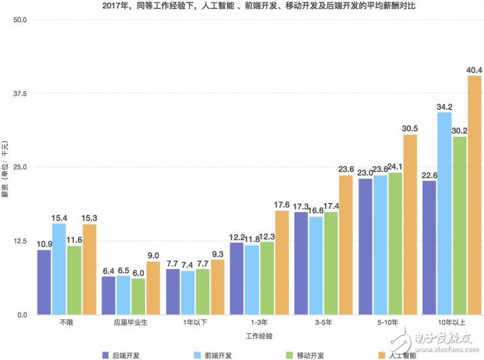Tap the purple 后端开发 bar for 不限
[x=44, y=282]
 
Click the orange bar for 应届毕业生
[x=153, y=288]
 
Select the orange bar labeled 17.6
[x=282, y=262]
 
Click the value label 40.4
[x=474, y=70]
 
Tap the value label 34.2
[x=445, y=107]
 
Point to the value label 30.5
[x=409, y=128]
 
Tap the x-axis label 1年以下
[x=195, y=323]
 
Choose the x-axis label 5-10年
[x=388, y=323]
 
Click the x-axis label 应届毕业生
[x=131, y=323]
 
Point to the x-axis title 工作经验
[x=259, y=336]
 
